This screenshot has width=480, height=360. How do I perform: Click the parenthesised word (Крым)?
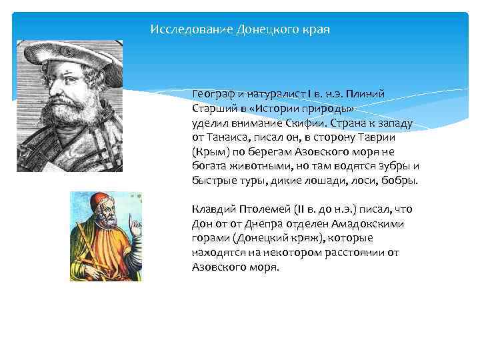(209, 152)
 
